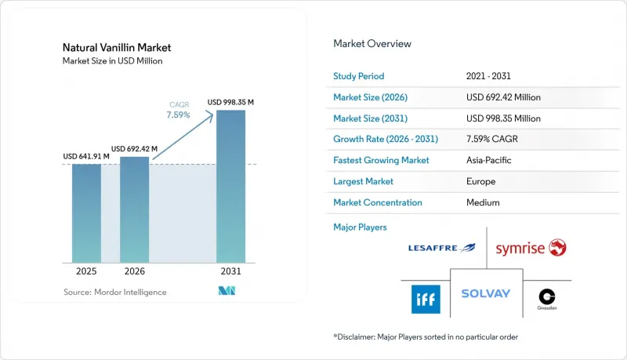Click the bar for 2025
coord(86,213)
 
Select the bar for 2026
coord(134,209)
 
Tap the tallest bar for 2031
coord(230,187)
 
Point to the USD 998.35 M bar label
coord(230,103)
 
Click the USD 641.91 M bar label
coord(86,156)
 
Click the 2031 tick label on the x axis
coord(230,271)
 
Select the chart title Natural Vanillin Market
coord(117,48)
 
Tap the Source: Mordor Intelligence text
coord(114,293)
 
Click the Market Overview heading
coord(372,44)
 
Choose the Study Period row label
coord(359,76)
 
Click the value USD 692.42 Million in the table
coord(503,97)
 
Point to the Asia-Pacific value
coord(488,160)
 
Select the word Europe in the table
coord(480,181)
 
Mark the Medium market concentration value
coord(483,202)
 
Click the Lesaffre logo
coord(442,248)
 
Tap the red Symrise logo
coord(531,248)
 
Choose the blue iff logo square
coord(426,299)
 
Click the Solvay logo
coord(486,293)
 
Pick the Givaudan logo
coord(547,299)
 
